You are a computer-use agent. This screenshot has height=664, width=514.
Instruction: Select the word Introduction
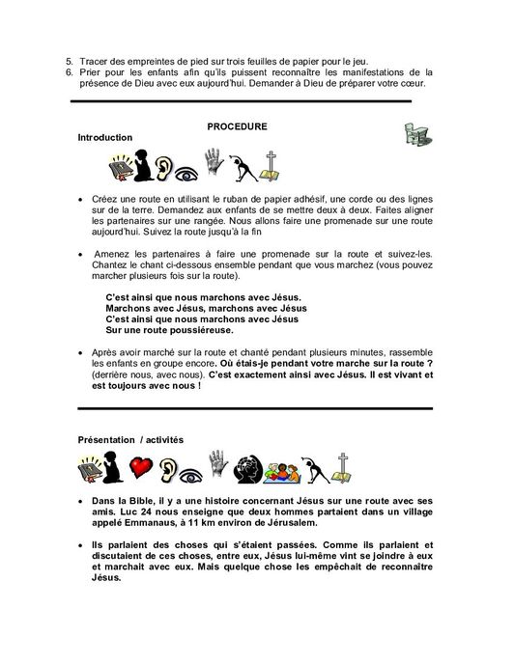coord(104,138)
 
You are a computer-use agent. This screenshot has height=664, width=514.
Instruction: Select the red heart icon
coord(142,469)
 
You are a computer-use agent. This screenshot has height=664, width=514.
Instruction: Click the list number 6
coord(70,71)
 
